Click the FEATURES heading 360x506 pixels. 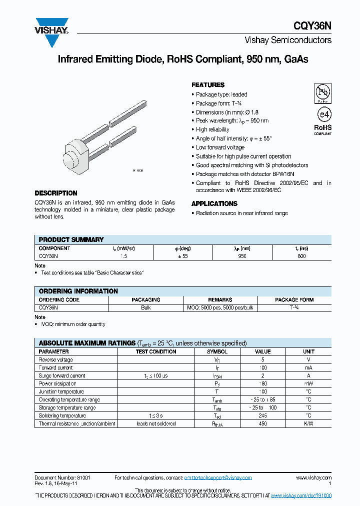(x=208, y=85)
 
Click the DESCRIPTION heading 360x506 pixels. (x=55, y=193)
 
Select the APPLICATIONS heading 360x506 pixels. (x=214, y=203)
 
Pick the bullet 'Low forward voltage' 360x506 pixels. (x=220, y=147)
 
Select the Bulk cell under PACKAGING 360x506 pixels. (x=146, y=307)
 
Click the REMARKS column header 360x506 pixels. (x=220, y=300)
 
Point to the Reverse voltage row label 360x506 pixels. (x=55, y=359)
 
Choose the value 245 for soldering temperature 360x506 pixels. (x=263, y=415)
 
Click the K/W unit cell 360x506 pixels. (x=308, y=423)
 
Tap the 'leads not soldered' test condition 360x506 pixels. (x=156, y=423)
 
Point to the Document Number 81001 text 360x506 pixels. (x=62, y=478)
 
